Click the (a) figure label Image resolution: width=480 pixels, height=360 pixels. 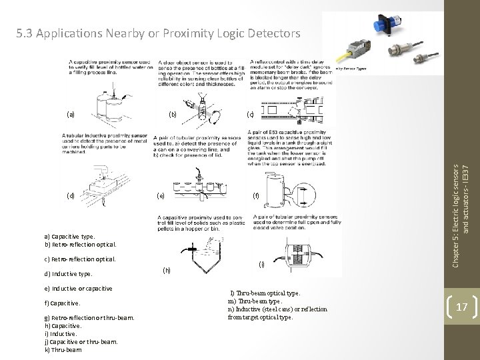tap(71, 113)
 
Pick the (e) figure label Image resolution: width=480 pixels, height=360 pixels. tap(161, 196)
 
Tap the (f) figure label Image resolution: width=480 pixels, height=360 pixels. tap(255, 196)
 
